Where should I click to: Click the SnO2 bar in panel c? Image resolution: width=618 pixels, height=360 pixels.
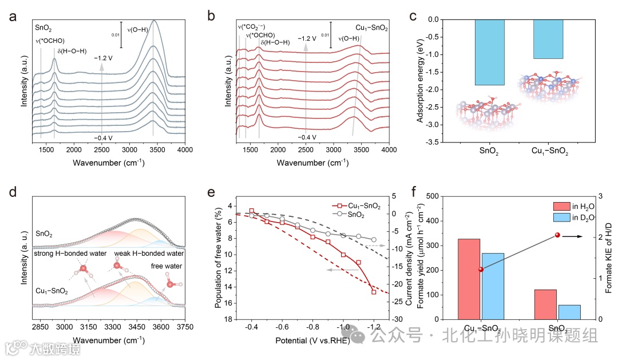point(489,53)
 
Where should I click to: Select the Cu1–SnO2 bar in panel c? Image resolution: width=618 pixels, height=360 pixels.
point(548,39)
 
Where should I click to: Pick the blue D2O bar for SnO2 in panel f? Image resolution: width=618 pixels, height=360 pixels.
point(569,312)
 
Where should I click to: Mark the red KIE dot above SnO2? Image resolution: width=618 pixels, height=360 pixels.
point(557,235)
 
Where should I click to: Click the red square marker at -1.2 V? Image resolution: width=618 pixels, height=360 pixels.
point(374,292)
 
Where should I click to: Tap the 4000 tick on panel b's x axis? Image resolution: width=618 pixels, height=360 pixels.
point(389,150)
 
